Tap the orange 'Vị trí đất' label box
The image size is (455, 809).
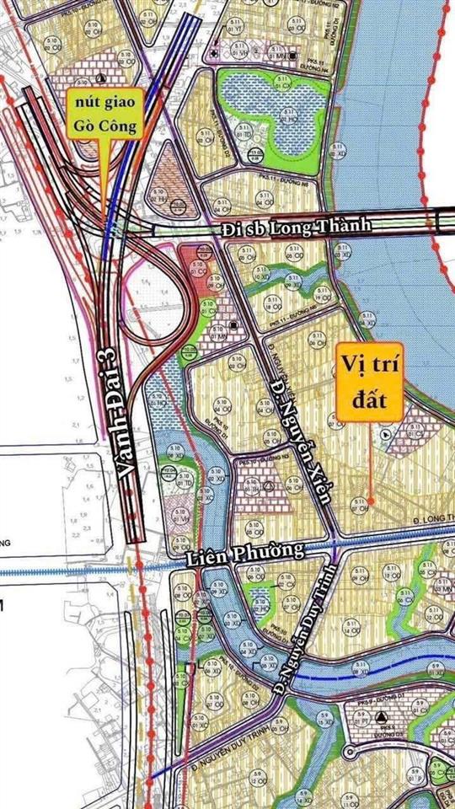pyautogui.click(x=370, y=380)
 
